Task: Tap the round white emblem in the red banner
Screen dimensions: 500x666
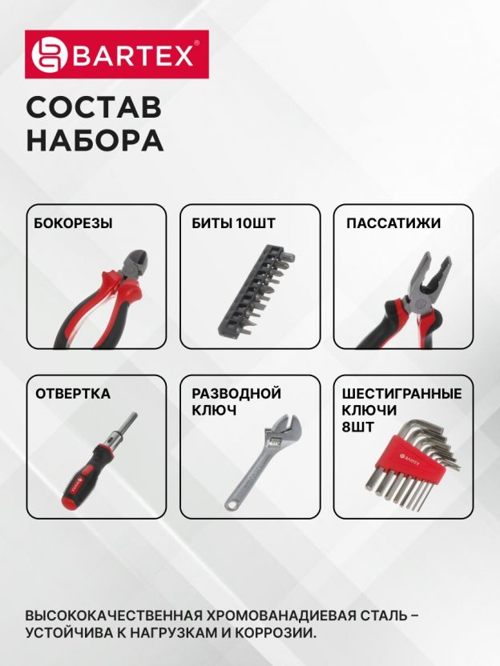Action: click(50, 54)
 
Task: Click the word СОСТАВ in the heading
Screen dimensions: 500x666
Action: click(94, 107)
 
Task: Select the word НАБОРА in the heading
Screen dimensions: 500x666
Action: click(95, 140)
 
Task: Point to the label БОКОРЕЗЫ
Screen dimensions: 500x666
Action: click(74, 223)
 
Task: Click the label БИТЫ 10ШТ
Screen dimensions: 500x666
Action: click(233, 223)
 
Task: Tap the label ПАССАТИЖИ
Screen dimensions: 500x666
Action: click(393, 223)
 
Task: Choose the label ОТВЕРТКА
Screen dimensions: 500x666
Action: click(73, 394)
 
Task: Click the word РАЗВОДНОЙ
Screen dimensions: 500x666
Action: click(236, 394)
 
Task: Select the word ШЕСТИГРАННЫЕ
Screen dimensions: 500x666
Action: click(401, 394)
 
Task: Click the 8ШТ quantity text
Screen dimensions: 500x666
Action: click(358, 427)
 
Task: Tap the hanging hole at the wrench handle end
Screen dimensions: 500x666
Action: click(232, 504)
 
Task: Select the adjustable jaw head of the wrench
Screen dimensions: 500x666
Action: click(283, 432)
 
